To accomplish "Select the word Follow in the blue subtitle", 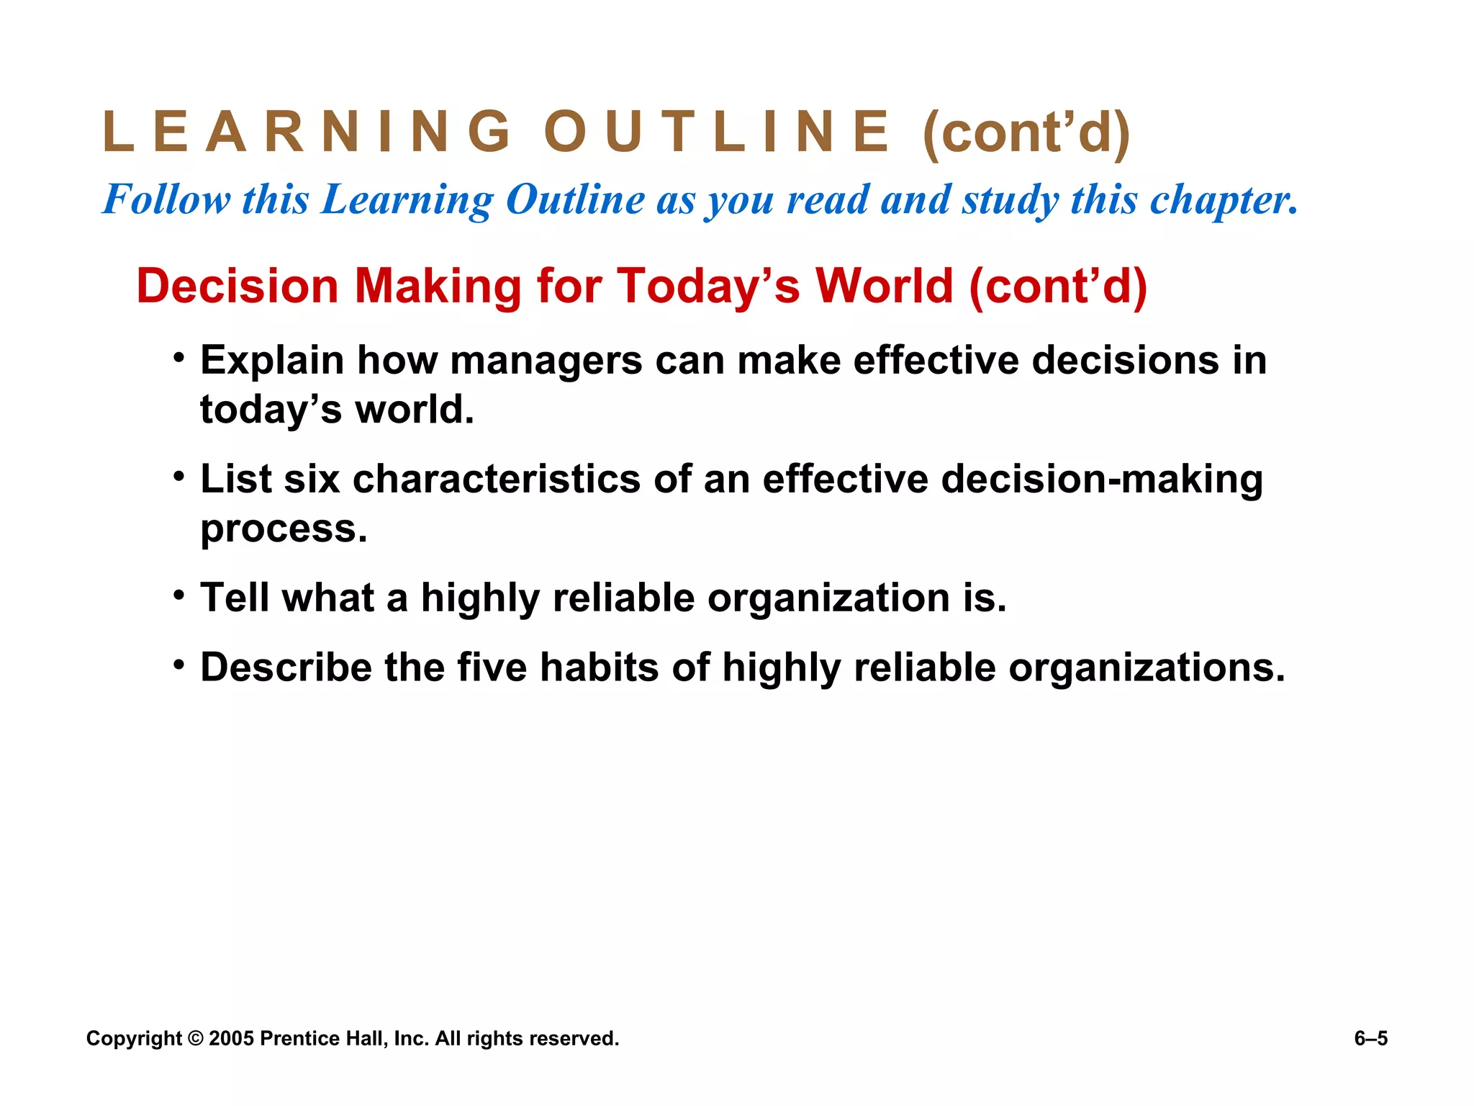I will tap(167, 199).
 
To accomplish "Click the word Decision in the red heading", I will tap(238, 286).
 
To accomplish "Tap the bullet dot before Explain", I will tap(179, 357).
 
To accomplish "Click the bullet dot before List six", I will tap(179, 476).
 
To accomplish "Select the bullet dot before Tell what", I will tap(179, 595).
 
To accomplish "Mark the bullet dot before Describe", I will tap(179, 664).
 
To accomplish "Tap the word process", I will tap(284, 529).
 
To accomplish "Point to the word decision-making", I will tap(1101, 480).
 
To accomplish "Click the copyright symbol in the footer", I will tap(196, 1038).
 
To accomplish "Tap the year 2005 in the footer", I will tap(231, 1038).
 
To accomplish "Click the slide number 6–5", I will tap(1370, 1038).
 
